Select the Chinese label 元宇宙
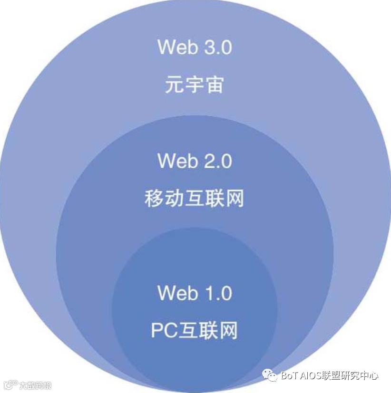[x=195, y=86]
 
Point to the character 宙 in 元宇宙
[x=215, y=86]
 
